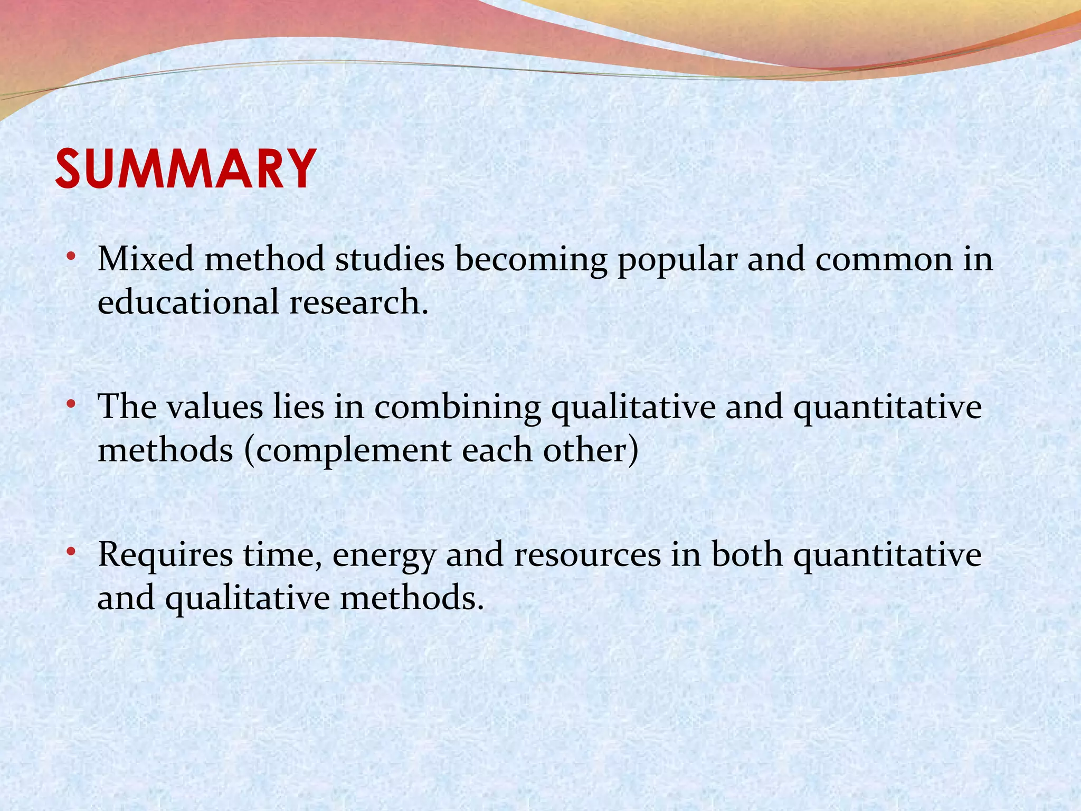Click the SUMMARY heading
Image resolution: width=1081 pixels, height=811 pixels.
pyautogui.click(x=186, y=169)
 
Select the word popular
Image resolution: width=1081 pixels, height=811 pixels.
pyautogui.click(x=677, y=260)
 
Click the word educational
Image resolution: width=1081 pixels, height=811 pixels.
pyautogui.click(x=188, y=303)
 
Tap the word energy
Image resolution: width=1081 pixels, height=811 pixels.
pyautogui.click(x=384, y=556)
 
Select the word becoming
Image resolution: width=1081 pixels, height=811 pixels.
pyautogui.click(x=532, y=260)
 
